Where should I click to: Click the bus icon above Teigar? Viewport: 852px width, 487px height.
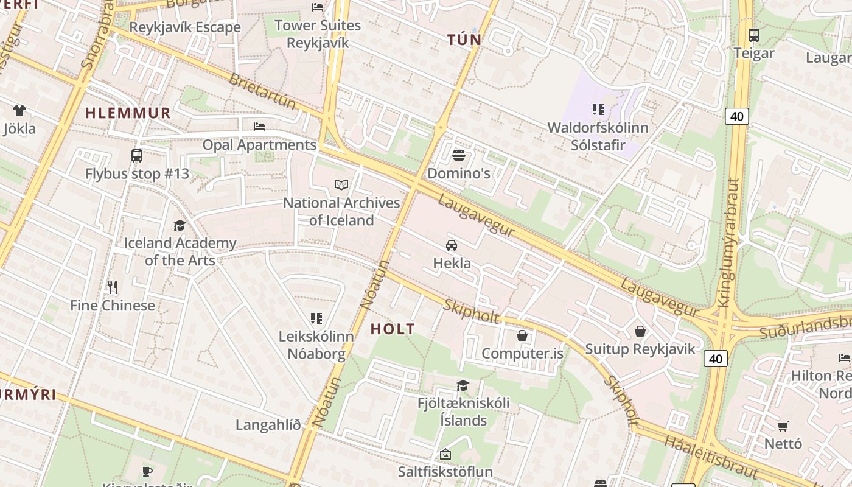(753, 35)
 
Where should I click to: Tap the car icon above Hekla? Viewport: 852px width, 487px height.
(451, 245)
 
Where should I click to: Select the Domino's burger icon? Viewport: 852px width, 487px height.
(458, 155)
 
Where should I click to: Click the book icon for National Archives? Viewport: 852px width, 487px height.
(341, 184)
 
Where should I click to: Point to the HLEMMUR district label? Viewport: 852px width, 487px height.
(128, 113)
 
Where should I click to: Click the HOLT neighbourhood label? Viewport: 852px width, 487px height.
(393, 329)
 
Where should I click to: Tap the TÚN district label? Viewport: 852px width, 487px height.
(464, 40)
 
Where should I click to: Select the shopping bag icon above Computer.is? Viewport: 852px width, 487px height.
(522, 335)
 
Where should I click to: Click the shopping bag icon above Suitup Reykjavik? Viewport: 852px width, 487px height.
(640, 331)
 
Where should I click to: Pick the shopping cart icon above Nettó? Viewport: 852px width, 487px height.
(783, 426)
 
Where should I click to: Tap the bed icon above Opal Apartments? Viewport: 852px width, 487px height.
(259, 127)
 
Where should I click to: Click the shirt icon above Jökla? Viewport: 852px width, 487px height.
(19, 111)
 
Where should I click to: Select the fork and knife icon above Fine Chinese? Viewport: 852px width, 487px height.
(112, 287)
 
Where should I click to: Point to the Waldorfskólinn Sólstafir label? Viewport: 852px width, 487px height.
(598, 136)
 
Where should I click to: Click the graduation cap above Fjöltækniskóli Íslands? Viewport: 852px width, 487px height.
(463, 385)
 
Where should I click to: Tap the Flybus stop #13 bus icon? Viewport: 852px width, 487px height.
(137, 156)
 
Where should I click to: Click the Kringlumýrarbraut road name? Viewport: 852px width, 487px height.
(728, 242)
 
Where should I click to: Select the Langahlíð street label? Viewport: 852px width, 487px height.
(268, 425)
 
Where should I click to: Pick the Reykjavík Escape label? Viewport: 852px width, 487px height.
(185, 27)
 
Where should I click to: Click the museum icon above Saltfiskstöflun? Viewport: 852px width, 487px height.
(445, 454)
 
